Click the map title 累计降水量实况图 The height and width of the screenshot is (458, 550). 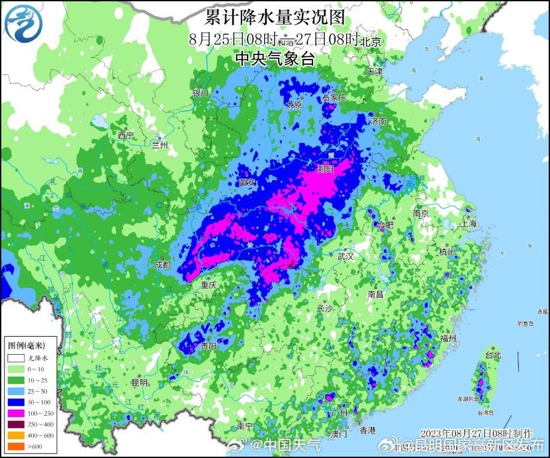275,15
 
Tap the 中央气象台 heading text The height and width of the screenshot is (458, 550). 275,58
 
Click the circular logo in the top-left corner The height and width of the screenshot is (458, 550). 23,23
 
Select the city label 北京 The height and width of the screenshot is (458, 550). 371,42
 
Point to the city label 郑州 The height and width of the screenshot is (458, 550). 327,168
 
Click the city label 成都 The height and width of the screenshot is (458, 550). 162,265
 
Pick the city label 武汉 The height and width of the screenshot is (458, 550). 345,255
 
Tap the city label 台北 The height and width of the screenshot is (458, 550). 493,355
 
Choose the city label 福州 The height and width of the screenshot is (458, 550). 448,338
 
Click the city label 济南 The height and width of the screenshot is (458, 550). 378,122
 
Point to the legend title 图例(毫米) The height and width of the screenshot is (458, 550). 26,345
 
